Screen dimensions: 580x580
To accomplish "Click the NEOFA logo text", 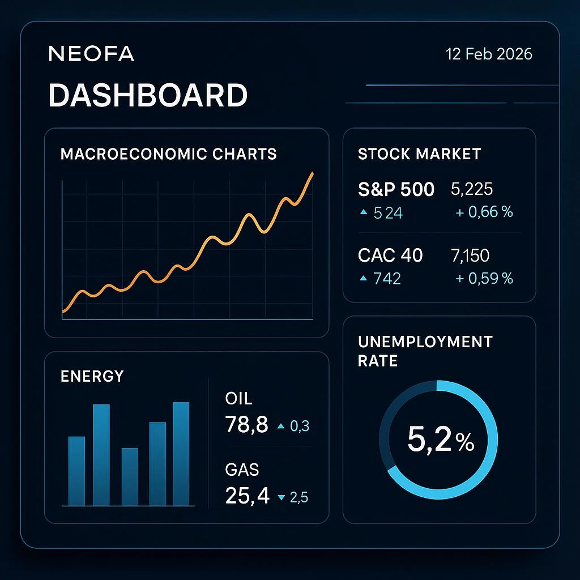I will (x=91, y=54).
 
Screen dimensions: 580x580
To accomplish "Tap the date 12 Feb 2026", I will (x=489, y=54).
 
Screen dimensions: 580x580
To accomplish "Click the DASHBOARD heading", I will (x=148, y=95).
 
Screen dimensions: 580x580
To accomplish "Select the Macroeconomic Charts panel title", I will (x=168, y=153).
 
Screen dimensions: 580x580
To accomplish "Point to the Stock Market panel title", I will (x=419, y=153).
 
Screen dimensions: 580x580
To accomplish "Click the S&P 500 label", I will (x=396, y=189).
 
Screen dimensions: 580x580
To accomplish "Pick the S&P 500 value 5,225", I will (x=472, y=189).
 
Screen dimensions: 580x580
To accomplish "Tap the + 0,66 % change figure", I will (x=484, y=212).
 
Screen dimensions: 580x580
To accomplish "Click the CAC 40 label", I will (x=390, y=255).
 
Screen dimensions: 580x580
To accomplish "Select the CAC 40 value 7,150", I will (x=470, y=255).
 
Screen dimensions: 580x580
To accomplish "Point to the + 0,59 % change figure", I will (x=484, y=278).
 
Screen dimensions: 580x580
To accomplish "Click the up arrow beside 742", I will (x=364, y=278).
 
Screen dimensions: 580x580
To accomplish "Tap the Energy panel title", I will (x=92, y=376).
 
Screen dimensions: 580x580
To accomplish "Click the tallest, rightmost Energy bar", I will (x=181, y=453).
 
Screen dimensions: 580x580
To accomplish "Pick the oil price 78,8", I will (x=246, y=424).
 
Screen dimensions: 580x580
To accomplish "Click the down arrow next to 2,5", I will (x=281, y=498).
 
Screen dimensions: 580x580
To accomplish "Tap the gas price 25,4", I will (x=247, y=496).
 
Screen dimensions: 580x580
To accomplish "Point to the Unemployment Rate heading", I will (x=425, y=351).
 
